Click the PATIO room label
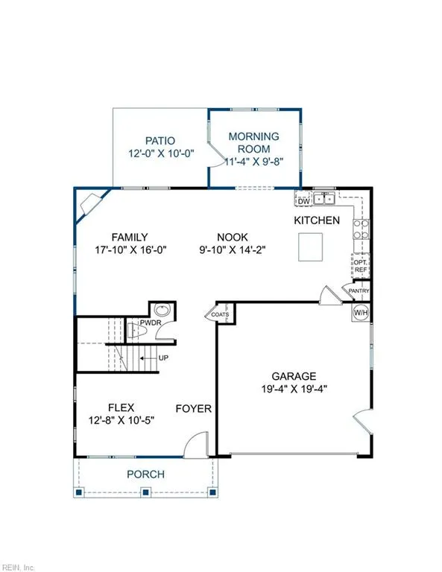tap(160, 140)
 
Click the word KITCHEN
tap(317, 220)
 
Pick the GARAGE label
tap(294, 376)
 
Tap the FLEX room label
tap(121, 407)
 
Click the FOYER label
tap(194, 409)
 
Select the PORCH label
tap(145, 474)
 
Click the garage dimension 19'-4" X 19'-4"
tap(294, 388)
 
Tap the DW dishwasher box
tap(303, 201)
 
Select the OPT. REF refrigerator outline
tap(360, 265)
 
